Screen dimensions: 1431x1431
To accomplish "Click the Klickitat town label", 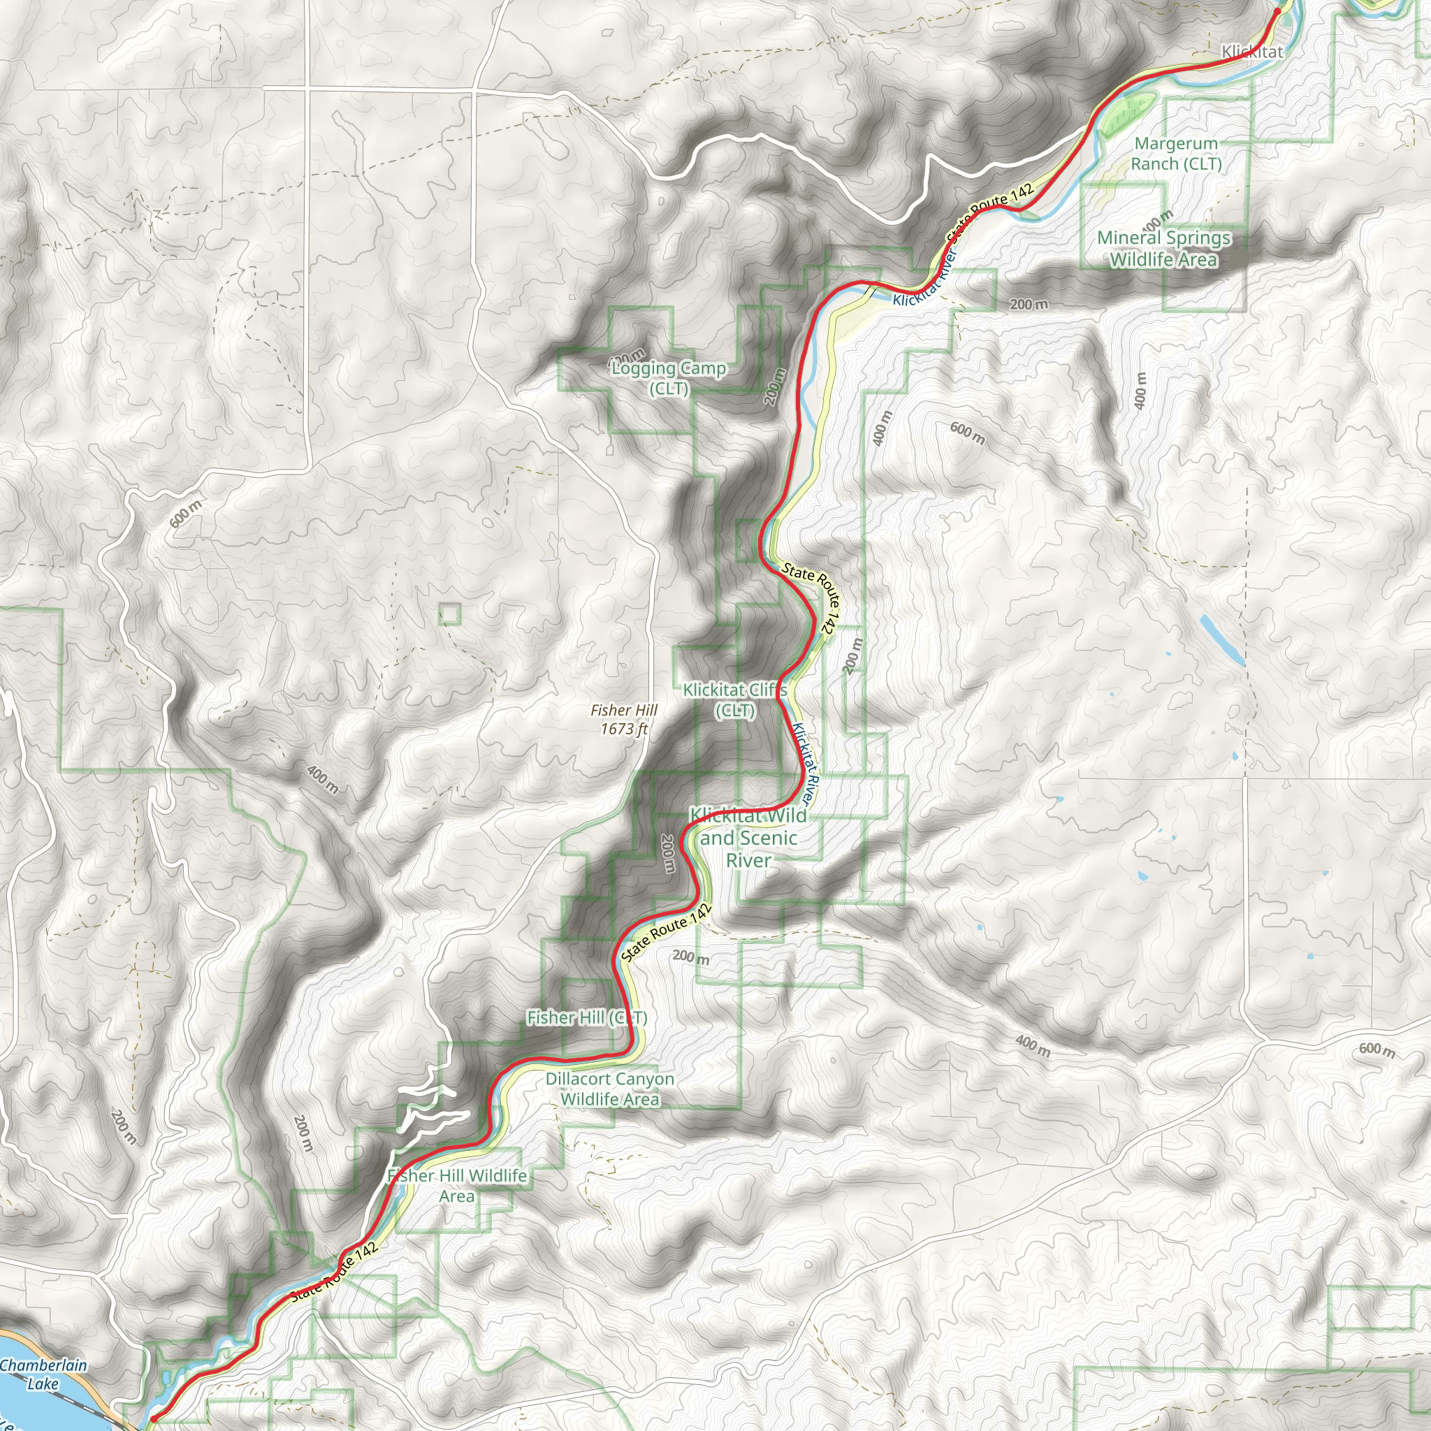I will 1251,52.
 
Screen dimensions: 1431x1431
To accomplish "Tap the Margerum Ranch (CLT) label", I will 1175,153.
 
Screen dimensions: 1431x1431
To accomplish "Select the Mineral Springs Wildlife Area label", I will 1163,248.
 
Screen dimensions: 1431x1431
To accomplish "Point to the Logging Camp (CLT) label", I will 669,378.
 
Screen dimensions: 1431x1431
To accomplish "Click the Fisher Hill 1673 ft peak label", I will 624,719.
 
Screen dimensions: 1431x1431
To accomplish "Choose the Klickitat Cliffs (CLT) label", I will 735,699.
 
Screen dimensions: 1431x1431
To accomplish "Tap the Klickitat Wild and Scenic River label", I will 748,838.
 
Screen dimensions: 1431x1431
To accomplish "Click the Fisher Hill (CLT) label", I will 587,1017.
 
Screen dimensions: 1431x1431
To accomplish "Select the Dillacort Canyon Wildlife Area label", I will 609,1089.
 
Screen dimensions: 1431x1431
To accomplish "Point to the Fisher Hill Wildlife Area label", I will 457,1185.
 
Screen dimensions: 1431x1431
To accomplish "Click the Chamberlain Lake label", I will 42,1374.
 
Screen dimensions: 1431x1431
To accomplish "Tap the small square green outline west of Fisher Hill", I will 449,614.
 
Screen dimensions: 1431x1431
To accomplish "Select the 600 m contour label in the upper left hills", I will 185,514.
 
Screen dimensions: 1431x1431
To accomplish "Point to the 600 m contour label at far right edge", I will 1376,1049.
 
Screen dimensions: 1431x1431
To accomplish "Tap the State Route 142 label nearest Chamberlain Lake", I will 335,1272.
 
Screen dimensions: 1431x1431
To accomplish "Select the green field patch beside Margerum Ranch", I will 1126,115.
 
